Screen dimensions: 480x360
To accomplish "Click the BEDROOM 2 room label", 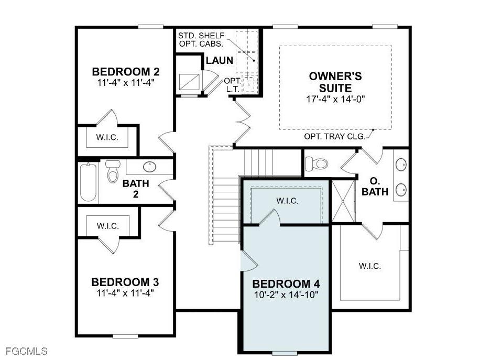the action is tap(126, 72).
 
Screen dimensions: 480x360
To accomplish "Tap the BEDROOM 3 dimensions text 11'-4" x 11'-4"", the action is tap(125, 293).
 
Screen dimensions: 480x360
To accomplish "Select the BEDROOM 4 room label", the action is tap(286, 284).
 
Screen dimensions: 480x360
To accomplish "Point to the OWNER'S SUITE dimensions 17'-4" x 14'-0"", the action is tap(335, 99).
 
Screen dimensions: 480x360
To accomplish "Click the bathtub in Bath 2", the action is tap(89, 182).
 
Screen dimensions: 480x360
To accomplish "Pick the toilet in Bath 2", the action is tap(113, 172).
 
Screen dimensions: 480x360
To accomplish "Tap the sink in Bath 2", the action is tap(150, 167).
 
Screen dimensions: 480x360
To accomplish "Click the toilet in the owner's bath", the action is tap(317, 164).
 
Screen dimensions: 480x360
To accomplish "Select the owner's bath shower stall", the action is tap(343, 201).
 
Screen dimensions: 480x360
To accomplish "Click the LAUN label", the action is tap(220, 60).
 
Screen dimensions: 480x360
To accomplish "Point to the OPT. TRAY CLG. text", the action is tap(335, 137).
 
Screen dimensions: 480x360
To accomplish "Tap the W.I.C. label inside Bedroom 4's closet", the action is tap(287, 201).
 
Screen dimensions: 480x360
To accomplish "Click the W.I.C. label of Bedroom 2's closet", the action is tap(107, 137).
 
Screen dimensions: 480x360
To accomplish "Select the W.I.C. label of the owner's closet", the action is tap(370, 266).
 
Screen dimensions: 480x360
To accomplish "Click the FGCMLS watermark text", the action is tap(27, 351).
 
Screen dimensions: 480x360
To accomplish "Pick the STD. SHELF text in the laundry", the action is tap(201, 36).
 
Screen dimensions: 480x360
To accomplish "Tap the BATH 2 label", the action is tap(136, 189).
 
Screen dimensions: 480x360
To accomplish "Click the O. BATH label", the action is tap(375, 187).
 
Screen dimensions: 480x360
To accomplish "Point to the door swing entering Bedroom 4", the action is tap(249, 261).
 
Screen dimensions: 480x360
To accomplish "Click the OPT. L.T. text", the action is tap(232, 85).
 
